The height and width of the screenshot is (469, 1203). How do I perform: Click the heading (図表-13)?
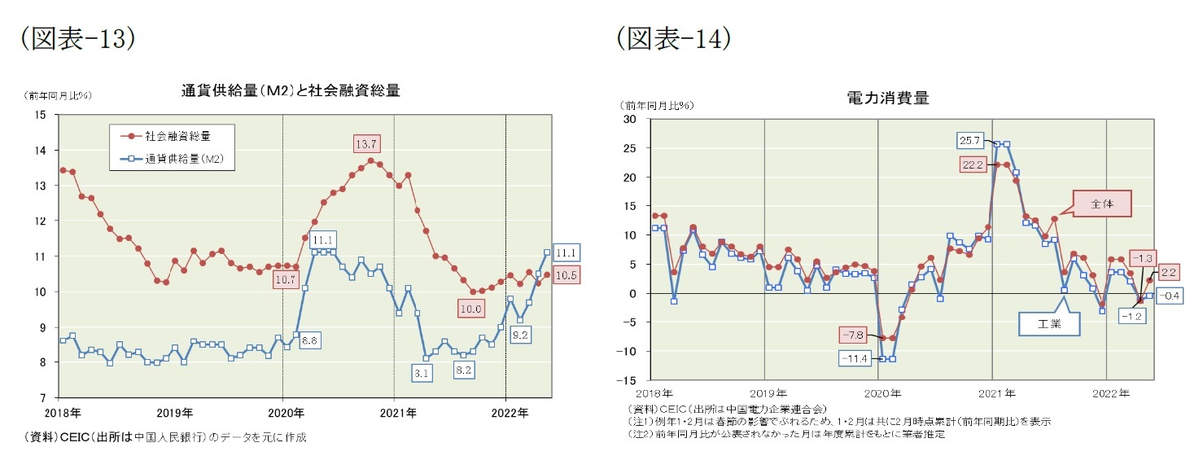(x=77, y=38)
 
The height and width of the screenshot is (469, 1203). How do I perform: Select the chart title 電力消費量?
(x=888, y=99)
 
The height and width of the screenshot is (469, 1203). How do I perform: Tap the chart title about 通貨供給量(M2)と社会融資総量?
(x=290, y=90)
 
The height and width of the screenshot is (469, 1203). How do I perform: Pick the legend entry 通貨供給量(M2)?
(x=178, y=160)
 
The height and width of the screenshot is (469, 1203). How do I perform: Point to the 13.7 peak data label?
(x=368, y=144)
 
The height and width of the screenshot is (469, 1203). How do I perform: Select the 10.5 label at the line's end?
(x=567, y=275)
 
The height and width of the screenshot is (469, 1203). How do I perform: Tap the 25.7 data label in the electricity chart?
(x=970, y=140)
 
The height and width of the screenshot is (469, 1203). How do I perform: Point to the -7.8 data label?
(x=852, y=335)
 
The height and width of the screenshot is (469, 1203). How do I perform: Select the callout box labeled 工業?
(x=1049, y=324)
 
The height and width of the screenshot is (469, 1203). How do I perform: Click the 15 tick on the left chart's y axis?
(x=41, y=115)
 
